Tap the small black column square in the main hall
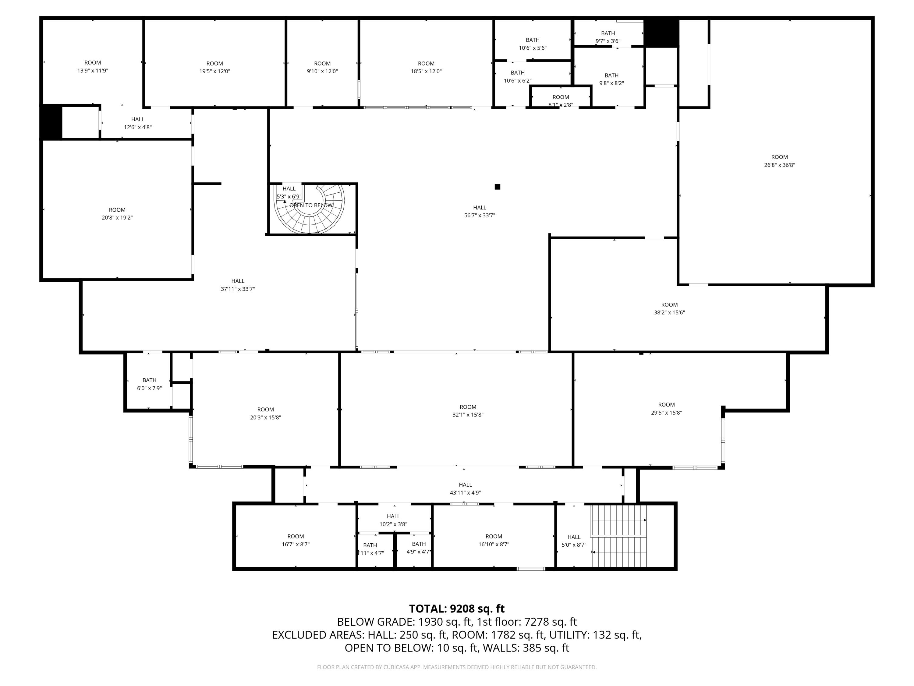pos(498,187)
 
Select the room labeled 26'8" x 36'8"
pos(779,161)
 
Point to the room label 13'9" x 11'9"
pos(93,66)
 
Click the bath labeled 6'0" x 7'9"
pos(149,384)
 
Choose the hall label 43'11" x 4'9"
pos(465,488)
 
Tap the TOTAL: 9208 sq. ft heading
pos(457,609)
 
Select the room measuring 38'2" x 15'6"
pos(669,309)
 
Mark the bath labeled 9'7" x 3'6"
pos(608,37)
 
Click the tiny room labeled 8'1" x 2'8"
pos(561,101)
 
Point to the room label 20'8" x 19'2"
pos(117,214)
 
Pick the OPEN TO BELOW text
pos(311,205)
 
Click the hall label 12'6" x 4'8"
pos(138,123)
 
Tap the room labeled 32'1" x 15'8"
pos(468,411)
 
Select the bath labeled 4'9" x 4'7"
pos(418,548)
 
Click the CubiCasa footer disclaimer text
pos(457,667)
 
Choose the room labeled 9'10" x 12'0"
pos(322,67)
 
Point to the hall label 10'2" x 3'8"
pos(393,520)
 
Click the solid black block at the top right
pos(661,33)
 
